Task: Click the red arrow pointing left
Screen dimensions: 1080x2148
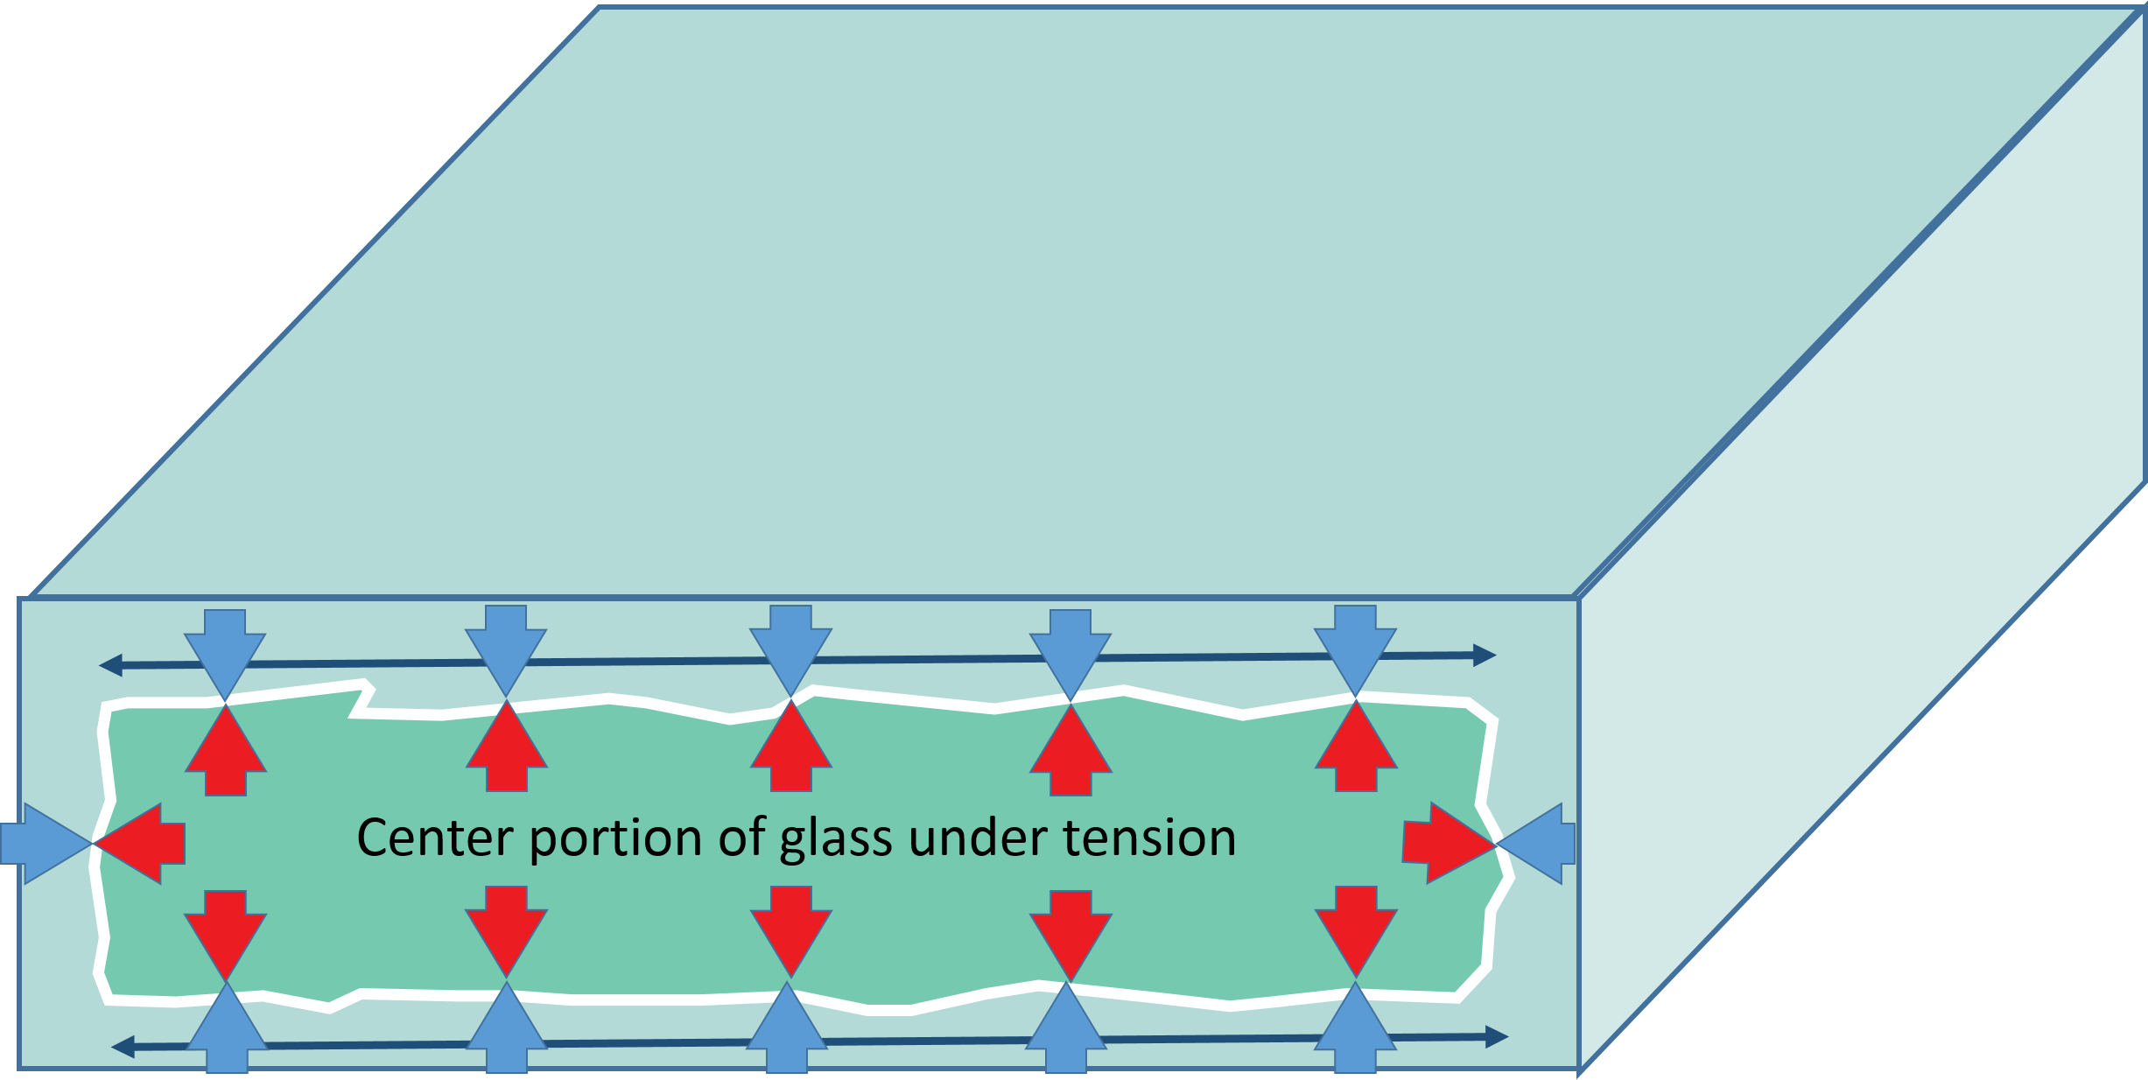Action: [144, 843]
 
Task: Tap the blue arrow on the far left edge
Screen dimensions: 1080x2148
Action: [39, 844]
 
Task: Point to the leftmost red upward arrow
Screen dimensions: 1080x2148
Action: [226, 751]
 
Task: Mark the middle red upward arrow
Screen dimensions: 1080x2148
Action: [790, 749]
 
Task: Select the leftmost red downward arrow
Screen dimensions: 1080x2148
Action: [226, 931]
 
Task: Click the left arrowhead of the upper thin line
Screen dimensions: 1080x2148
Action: [110, 666]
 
